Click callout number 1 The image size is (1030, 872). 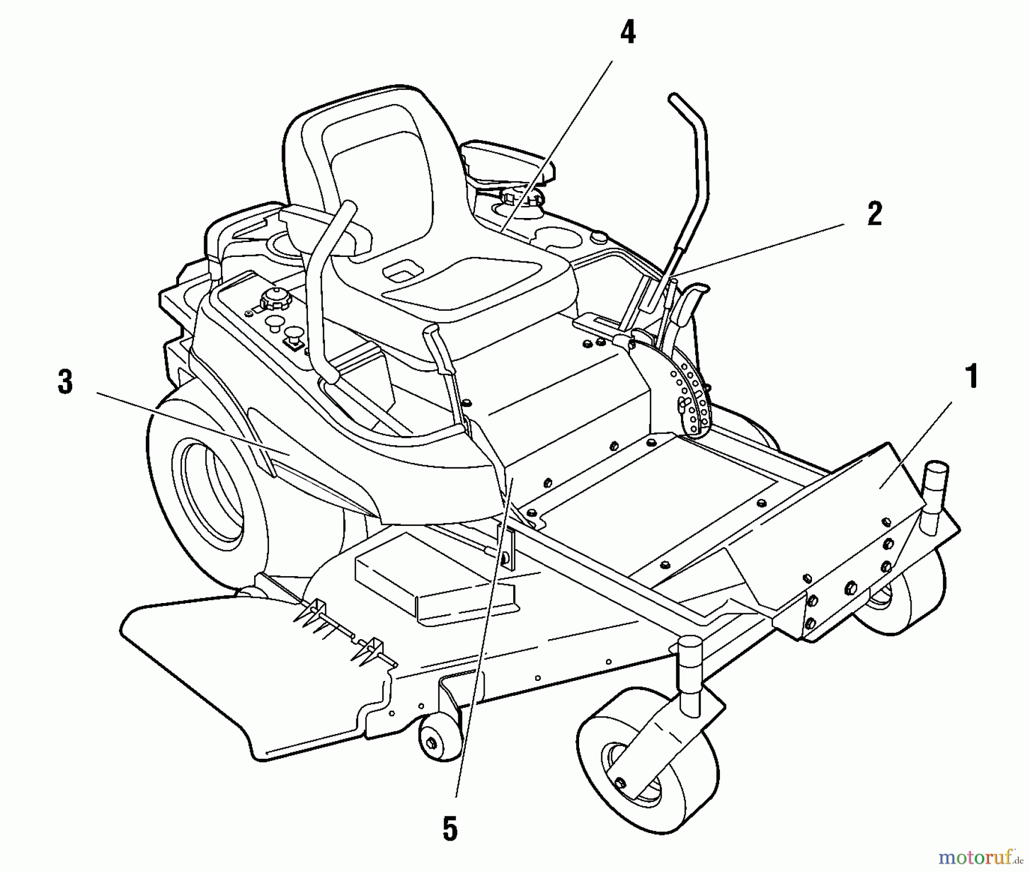pyautogui.click(x=971, y=378)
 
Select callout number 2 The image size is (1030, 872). pyautogui.click(x=874, y=215)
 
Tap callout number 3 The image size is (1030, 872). pyautogui.click(x=65, y=382)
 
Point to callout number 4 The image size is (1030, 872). pyautogui.click(x=628, y=33)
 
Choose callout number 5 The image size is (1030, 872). pyautogui.click(x=450, y=830)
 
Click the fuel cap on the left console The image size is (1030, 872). pyautogui.click(x=275, y=298)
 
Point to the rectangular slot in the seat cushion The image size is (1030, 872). pyautogui.click(x=405, y=271)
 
